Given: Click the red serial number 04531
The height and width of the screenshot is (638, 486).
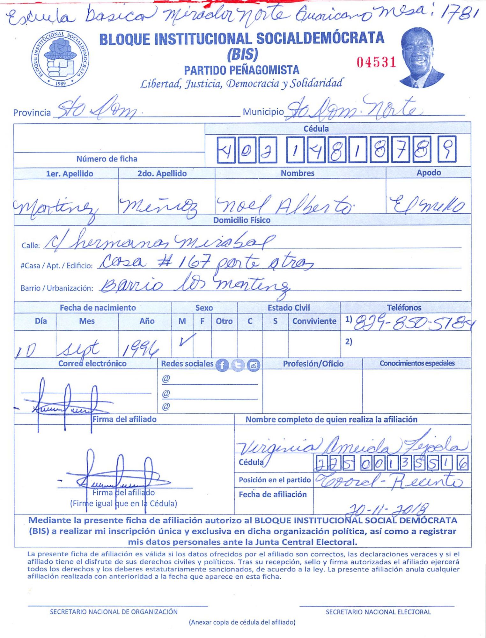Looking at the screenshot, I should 376,62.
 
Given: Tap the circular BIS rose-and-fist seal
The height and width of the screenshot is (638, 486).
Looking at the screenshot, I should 60,59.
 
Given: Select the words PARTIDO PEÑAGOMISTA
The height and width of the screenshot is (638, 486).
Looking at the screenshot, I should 241,70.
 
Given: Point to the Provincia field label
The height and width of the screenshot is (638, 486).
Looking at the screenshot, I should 32,113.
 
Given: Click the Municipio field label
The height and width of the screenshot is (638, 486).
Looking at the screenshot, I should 263,112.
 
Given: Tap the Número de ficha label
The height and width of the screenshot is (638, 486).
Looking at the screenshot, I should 107,159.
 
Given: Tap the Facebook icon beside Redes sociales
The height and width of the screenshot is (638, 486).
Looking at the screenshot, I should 222,365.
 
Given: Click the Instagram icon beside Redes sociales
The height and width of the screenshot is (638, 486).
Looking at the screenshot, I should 254,365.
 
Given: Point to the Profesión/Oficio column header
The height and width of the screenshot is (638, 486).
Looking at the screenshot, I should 313,364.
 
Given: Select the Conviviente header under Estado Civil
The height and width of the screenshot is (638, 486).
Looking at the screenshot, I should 314,321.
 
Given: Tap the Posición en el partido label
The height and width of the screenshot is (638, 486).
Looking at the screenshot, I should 275,480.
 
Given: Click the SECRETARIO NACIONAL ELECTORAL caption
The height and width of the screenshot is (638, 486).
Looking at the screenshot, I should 378,612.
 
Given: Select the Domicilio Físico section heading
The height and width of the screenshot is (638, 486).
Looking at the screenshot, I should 242,220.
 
